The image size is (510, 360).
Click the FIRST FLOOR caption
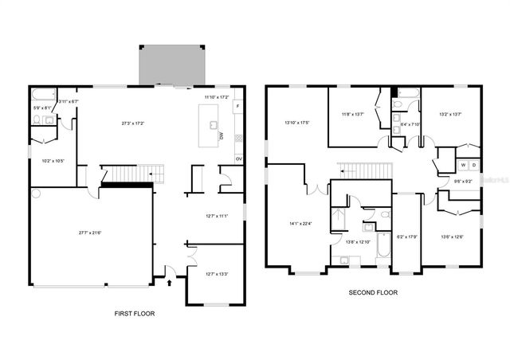pos(135,313)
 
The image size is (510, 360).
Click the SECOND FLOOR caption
pos(373,292)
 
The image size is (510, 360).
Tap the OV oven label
pos(237,158)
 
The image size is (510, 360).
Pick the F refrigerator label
pos(237,106)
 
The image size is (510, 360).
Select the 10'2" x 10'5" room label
pos(53,161)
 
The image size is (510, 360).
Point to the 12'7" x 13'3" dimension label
pos(217,274)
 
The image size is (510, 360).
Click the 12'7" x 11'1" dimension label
pos(217,216)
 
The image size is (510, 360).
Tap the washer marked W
pos(461,165)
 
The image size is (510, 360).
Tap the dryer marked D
pos(473,165)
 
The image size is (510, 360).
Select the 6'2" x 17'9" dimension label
pos(408,237)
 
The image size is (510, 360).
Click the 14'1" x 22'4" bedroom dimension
pos(300,223)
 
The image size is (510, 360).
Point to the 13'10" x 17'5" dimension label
pos(297,122)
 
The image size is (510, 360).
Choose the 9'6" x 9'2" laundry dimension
pos(464,181)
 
